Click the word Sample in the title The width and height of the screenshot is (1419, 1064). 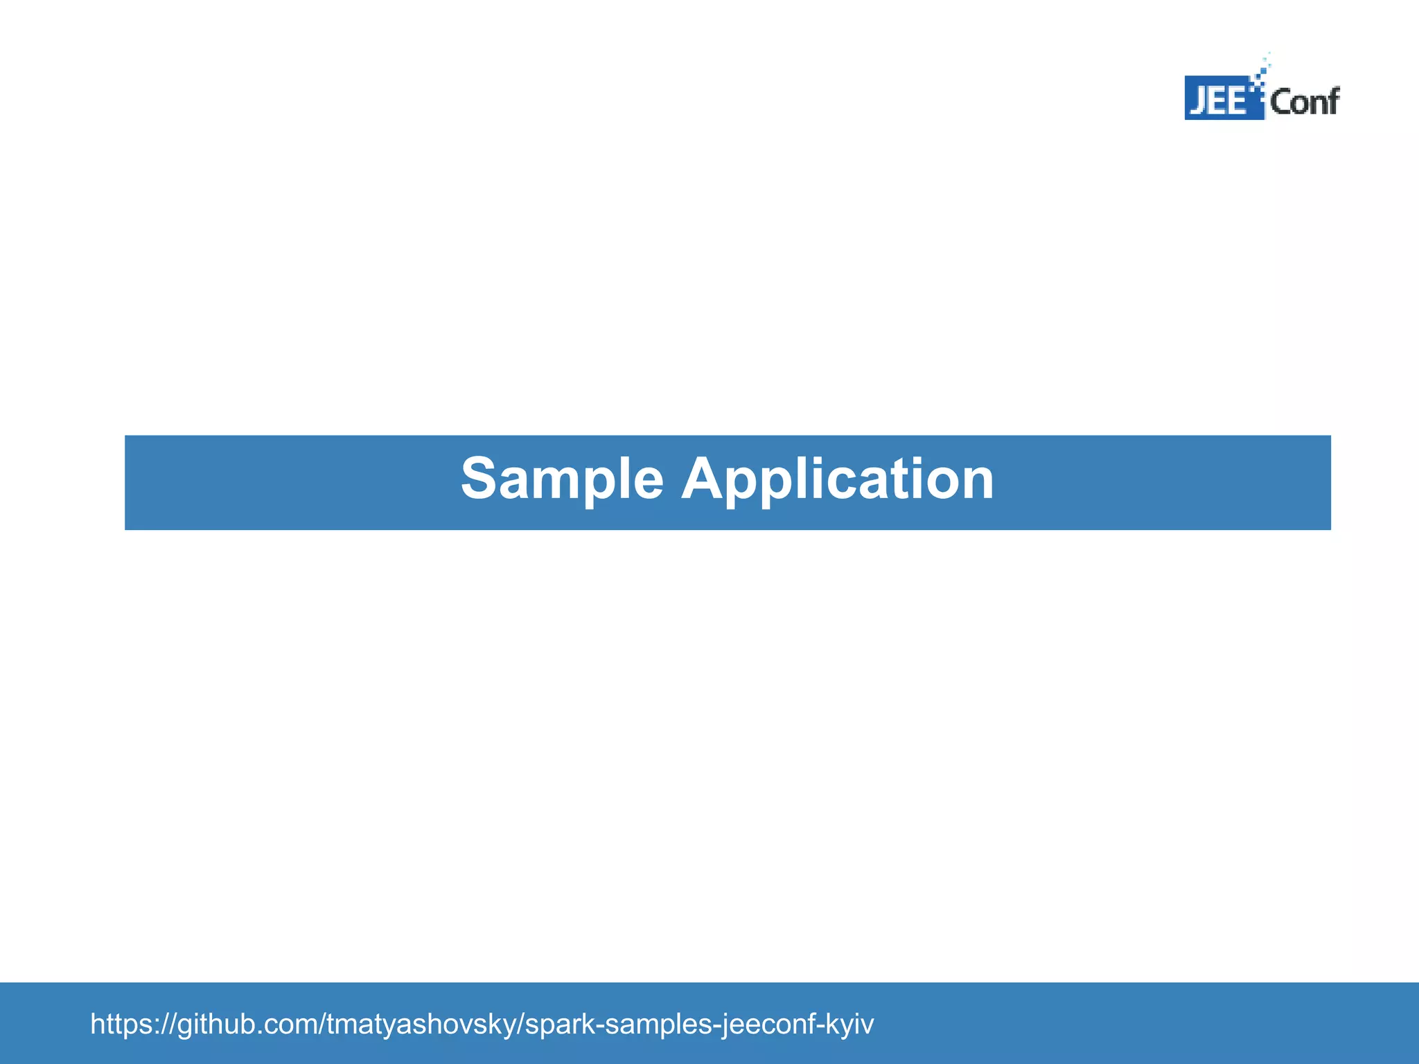coord(562,480)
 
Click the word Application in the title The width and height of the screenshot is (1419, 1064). coord(837,480)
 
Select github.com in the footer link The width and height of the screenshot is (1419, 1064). coord(247,1024)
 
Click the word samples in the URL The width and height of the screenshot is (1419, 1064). coord(658,1024)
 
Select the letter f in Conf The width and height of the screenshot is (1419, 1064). coord(1332,100)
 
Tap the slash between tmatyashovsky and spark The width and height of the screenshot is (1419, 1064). coord(520,1024)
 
